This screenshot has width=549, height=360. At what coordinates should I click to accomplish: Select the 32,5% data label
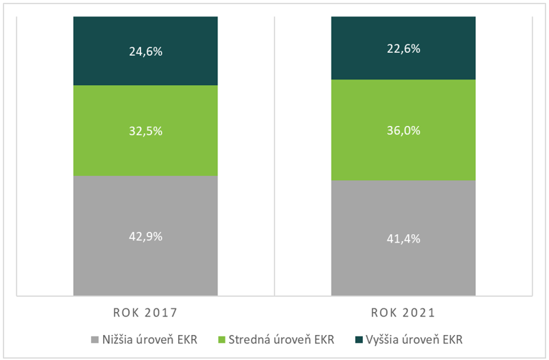tap(145, 131)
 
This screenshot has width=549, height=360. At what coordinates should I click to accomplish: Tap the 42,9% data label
tap(145, 235)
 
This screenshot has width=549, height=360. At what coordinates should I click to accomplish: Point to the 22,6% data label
tap(403, 49)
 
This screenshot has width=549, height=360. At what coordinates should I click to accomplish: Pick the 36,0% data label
tap(403, 131)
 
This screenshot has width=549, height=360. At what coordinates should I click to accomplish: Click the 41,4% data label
tap(403, 238)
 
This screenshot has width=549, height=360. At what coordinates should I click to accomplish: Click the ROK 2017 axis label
tap(145, 313)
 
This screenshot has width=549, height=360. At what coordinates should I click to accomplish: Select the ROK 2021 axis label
tap(403, 313)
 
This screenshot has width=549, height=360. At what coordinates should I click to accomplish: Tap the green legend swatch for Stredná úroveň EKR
tap(223, 339)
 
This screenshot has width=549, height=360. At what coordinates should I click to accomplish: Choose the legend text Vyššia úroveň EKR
tap(414, 339)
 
